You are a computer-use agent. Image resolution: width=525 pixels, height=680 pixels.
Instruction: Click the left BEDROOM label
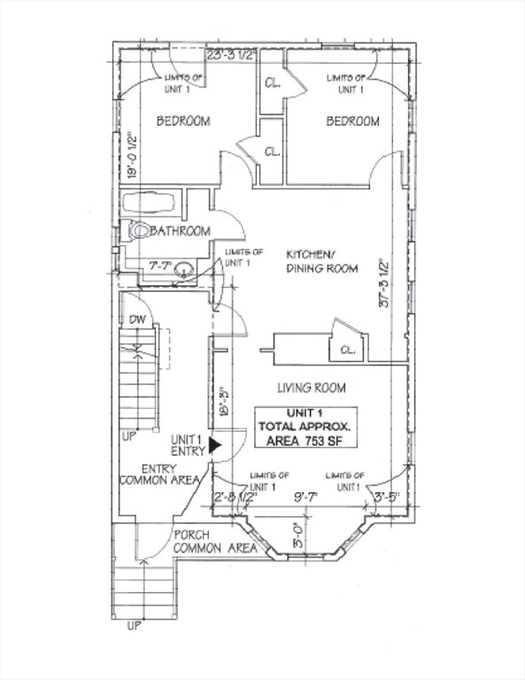click(x=183, y=121)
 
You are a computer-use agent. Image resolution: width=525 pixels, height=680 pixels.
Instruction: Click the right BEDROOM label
click(x=352, y=121)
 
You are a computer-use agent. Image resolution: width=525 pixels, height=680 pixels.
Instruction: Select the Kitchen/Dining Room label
click(x=320, y=261)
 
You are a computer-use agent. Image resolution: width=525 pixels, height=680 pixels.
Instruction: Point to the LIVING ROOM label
click(x=311, y=388)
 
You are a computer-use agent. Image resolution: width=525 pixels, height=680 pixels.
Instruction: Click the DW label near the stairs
click(x=136, y=320)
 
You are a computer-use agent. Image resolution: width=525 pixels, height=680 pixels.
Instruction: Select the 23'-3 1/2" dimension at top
click(x=230, y=55)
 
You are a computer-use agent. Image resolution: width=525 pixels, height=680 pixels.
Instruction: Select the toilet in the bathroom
click(x=140, y=231)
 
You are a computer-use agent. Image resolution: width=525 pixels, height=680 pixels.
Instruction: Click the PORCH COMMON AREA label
click(x=214, y=542)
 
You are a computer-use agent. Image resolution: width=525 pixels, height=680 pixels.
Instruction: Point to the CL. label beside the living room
click(x=347, y=350)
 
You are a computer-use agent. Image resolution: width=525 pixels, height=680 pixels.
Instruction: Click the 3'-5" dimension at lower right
click(x=387, y=497)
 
